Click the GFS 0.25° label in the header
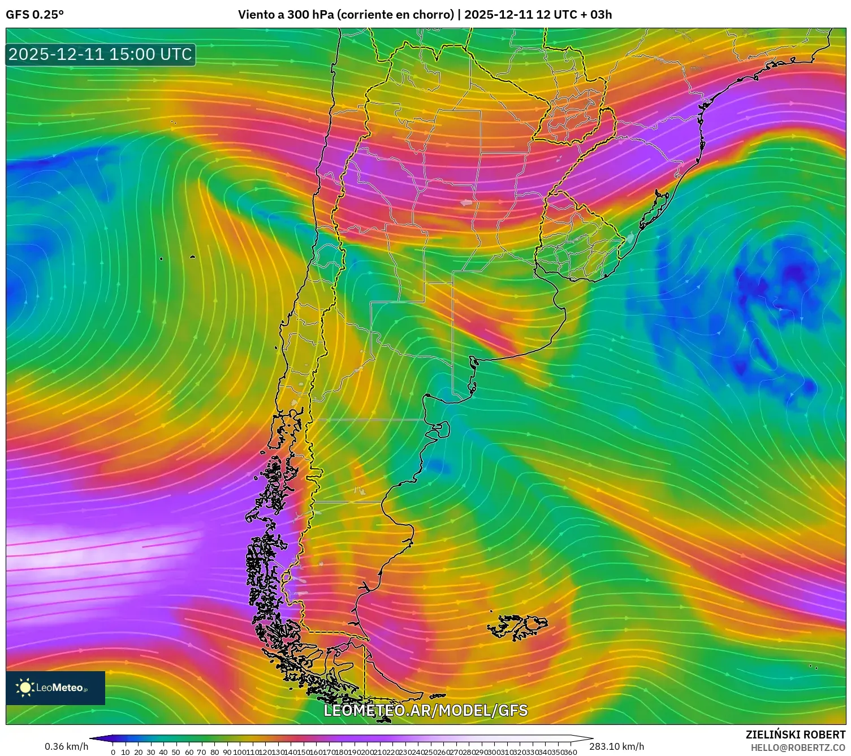pyautogui.click(x=34, y=15)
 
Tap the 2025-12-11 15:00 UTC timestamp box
pyautogui.click(x=101, y=54)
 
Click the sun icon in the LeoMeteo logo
pyautogui.click(x=25, y=688)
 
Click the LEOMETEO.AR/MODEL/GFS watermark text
pyautogui.click(x=425, y=711)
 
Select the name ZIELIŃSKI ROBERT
pyautogui.click(x=796, y=735)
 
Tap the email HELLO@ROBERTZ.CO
pyautogui.click(x=798, y=748)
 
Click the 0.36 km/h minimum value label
pyautogui.click(x=67, y=746)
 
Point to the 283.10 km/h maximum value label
pyautogui.click(x=616, y=746)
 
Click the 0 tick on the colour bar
pyautogui.click(x=113, y=752)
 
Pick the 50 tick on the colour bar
pyautogui.click(x=176, y=752)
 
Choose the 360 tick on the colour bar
pyautogui.click(x=571, y=752)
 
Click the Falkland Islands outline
pyautogui.click(x=517, y=627)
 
